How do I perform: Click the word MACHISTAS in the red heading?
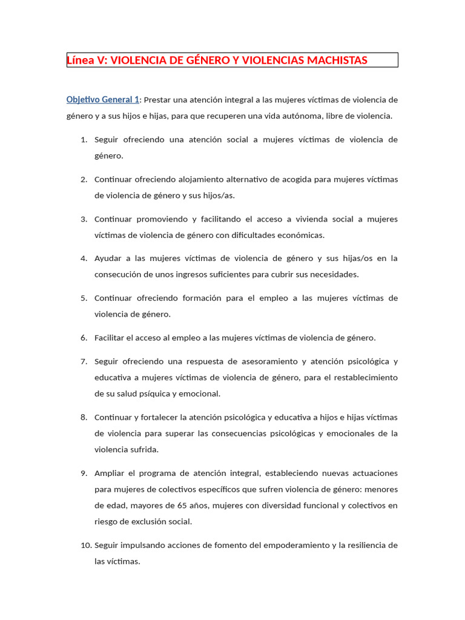coord(337,61)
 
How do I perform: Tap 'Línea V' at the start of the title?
coord(84,61)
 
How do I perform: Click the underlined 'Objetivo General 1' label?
coord(103,100)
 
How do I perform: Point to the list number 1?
coord(84,140)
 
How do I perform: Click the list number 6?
coord(84,338)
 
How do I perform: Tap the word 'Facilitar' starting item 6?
coord(111,338)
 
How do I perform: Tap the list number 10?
coord(85,545)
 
